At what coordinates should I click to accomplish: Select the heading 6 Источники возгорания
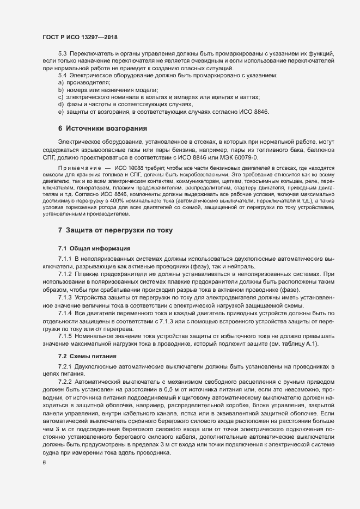(102, 128)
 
